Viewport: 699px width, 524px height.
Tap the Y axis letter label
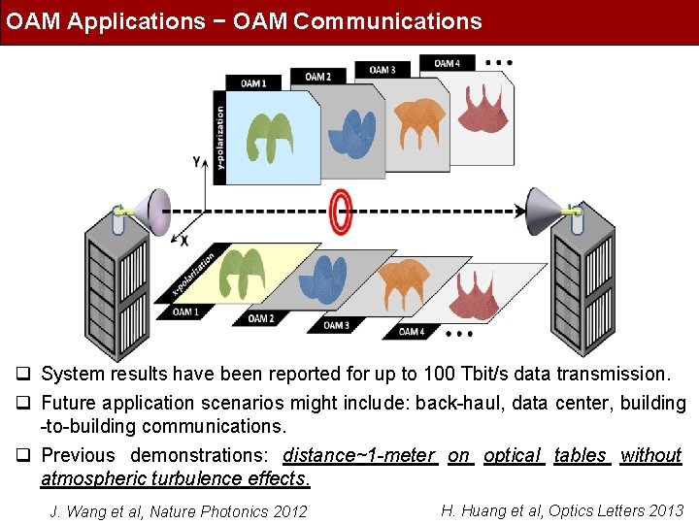tap(197, 161)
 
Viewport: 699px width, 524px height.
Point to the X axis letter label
tap(183, 240)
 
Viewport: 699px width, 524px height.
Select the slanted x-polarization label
tap(193, 276)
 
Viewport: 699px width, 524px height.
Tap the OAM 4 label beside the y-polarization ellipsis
tap(448, 64)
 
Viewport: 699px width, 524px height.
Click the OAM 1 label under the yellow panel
tap(185, 311)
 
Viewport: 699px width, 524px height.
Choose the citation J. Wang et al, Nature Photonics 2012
tap(178, 511)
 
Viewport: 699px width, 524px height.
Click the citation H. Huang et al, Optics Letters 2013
tap(561, 510)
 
